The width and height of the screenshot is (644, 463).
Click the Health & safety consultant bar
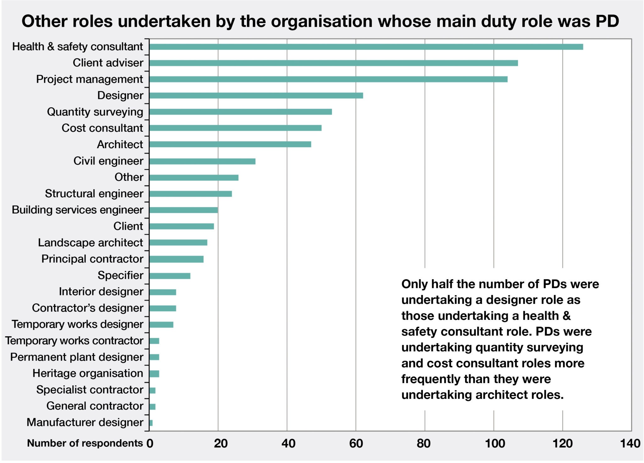click(366, 47)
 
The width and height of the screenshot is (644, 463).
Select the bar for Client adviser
click(333, 63)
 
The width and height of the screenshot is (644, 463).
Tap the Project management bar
click(328, 79)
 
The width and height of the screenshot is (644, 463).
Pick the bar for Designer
click(256, 96)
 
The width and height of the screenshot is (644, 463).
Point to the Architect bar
click(230, 144)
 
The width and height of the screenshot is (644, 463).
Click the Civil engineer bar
click(202, 161)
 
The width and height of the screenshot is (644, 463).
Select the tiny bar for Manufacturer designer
click(151, 423)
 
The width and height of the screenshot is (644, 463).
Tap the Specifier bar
click(170, 276)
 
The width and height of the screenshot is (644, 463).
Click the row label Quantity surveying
click(95, 112)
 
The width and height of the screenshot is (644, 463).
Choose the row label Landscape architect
click(90, 243)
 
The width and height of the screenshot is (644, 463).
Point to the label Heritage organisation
click(88, 373)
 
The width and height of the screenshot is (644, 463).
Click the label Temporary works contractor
click(74, 341)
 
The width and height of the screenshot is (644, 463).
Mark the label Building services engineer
click(77, 210)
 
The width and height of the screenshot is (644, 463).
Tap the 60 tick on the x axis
click(356, 443)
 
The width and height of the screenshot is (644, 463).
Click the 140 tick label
click(630, 443)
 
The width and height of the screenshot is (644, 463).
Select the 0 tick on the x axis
click(150, 443)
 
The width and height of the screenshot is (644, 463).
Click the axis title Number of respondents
click(85, 443)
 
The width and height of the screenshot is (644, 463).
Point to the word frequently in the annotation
click(425, 379)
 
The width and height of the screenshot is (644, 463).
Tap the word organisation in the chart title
click(322, 21)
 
